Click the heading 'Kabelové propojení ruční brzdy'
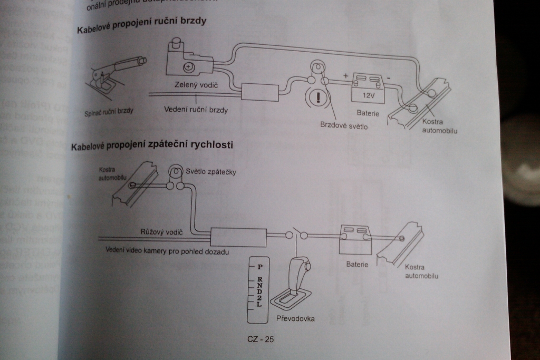click(x=141, y=24)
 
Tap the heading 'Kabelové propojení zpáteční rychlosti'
click(x=152, y=145)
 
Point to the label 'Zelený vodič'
click(x=195, y=84)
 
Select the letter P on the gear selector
click(x=260, y=266)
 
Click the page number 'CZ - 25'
click(x=261, y=339)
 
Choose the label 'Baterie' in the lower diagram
click(x=357, y=264)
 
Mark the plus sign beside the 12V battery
click(x=345, y=76)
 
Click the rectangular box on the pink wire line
click(x=238, y=237)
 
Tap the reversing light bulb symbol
click(x=176, y=172)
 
